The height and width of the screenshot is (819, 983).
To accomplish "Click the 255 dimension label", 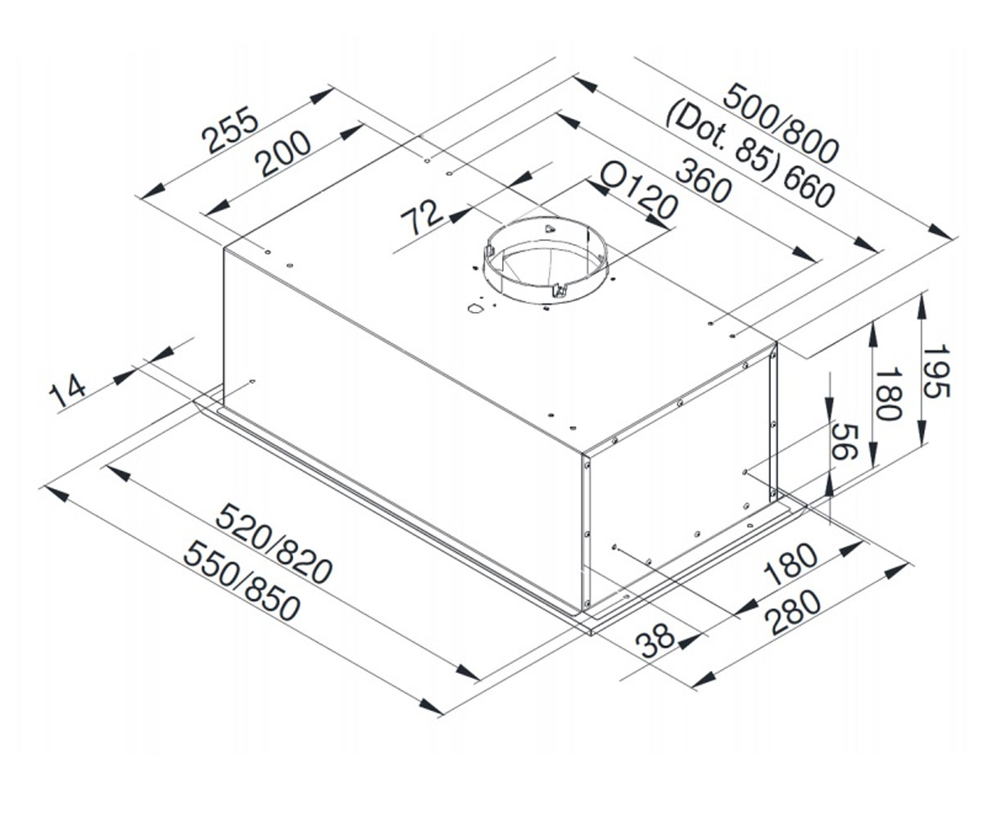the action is (230, 130).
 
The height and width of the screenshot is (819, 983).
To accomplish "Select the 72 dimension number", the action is (421, 216).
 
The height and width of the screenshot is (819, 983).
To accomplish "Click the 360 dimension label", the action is (704, 181).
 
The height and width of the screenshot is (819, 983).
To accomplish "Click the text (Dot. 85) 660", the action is (750, 156).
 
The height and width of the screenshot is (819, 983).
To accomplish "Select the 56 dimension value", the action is (845, 441).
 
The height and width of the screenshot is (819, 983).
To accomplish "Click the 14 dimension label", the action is (68, 390).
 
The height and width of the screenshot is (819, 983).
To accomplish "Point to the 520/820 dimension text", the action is (274, 544).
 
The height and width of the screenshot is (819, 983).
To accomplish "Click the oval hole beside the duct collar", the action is (475, 309).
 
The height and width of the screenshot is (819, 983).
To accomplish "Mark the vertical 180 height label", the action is (888, 393).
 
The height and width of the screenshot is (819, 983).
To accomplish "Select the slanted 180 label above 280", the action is (790, 564).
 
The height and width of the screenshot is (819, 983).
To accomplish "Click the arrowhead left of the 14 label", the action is (125, 376).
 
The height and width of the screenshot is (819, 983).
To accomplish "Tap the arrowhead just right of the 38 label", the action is (689, 641).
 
